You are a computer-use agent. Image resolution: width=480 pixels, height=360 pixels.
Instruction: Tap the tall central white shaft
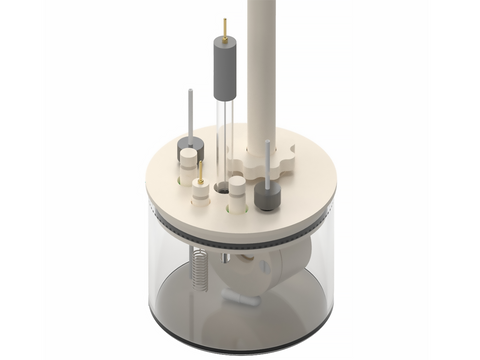[x=261, y=70]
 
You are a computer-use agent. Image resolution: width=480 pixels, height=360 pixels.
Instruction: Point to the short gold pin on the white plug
[x=201, y=172]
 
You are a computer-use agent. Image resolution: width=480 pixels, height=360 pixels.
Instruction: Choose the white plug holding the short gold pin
[x=202, y=191]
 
